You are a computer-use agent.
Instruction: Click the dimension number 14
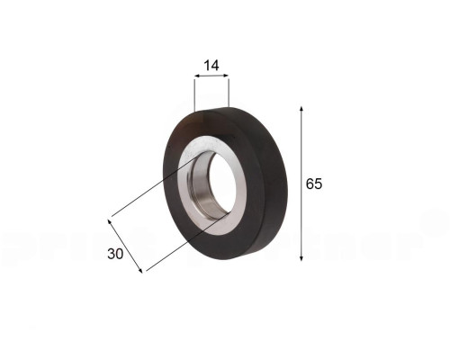pyautogui.click(x=211, y=66)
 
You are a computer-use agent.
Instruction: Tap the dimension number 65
pyautogui.click(x=313, y=184)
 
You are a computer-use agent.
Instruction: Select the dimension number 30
pyautogui.click(x=115, y=254)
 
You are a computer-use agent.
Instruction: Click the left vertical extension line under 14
pyautogui.click(x=194, y=94)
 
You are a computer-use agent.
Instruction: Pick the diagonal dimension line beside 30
pyautogui.click(x=127, y=244)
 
